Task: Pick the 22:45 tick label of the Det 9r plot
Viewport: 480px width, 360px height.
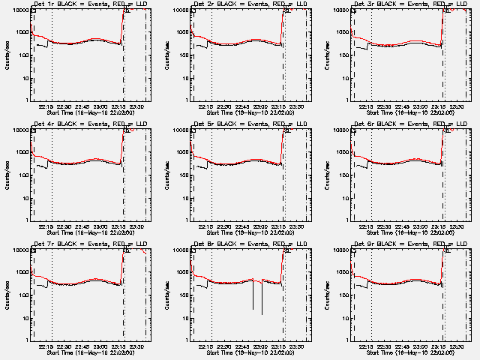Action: coord(402,346)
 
